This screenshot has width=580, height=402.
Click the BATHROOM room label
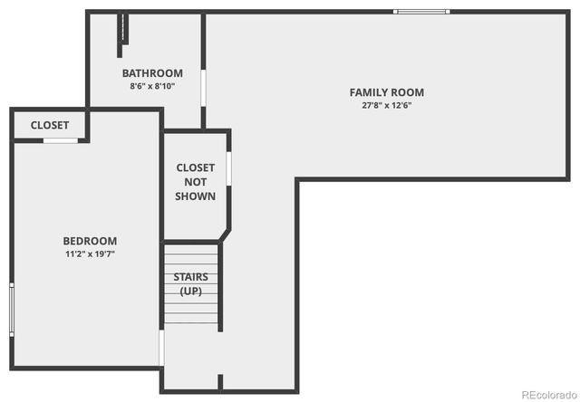tap(152, 73)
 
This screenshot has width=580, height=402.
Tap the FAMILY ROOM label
tap(387, 92)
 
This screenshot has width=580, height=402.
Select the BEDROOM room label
tap(90, 241)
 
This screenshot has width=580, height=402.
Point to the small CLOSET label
tap(50, 125)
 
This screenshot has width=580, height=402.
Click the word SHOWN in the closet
tap(196, 196)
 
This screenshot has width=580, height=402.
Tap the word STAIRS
tap(190, 277)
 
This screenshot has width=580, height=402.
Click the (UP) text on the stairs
tap(190, 291)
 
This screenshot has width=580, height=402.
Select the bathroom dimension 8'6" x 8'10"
tap(152, 87)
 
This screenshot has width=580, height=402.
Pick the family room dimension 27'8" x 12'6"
tap(387, 105)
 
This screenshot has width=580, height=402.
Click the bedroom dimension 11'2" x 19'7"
tap(90, 254)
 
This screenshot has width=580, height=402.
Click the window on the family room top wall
tap(421, 12)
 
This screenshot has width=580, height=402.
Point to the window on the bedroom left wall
tap(12, 308)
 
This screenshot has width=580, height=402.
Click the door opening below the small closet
tap(60, 140)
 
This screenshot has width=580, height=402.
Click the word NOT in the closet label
tap(196, 182)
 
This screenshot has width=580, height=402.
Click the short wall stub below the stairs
tap(220, 383)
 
